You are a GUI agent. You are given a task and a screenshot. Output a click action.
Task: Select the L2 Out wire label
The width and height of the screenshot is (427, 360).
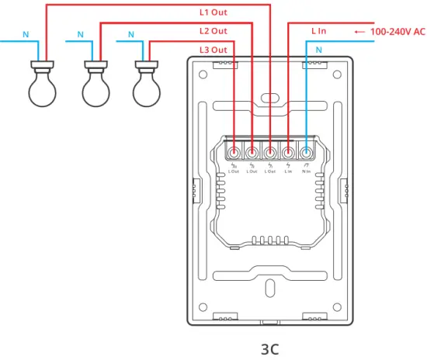click(x=213, y=31)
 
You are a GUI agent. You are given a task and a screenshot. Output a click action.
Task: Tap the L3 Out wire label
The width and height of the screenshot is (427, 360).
click(x=213, y=50)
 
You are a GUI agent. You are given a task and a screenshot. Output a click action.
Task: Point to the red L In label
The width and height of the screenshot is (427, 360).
click(x=318, y=31)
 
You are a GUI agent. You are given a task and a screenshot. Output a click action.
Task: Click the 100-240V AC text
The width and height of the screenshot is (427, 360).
click(x=398, y=31)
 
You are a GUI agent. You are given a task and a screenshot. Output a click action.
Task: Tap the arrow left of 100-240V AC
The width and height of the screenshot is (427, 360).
click(x=359, y=31)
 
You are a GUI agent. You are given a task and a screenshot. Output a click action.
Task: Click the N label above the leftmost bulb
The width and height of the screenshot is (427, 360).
click(x=25, y=35)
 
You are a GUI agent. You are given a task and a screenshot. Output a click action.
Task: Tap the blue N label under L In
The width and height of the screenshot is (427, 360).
click(x=318, y=50)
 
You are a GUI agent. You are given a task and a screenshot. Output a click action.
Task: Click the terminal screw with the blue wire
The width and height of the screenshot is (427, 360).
click(x=307, y=152)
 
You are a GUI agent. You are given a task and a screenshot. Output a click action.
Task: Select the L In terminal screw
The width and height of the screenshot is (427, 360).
click(x=288, y=152)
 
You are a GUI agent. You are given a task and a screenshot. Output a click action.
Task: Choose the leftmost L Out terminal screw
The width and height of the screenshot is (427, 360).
click(x=234, y=152)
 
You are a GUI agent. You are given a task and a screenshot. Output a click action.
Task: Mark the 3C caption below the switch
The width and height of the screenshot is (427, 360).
click(x=269, y=348)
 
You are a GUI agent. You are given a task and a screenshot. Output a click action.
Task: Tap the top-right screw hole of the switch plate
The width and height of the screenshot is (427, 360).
click(x=336, y=75)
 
